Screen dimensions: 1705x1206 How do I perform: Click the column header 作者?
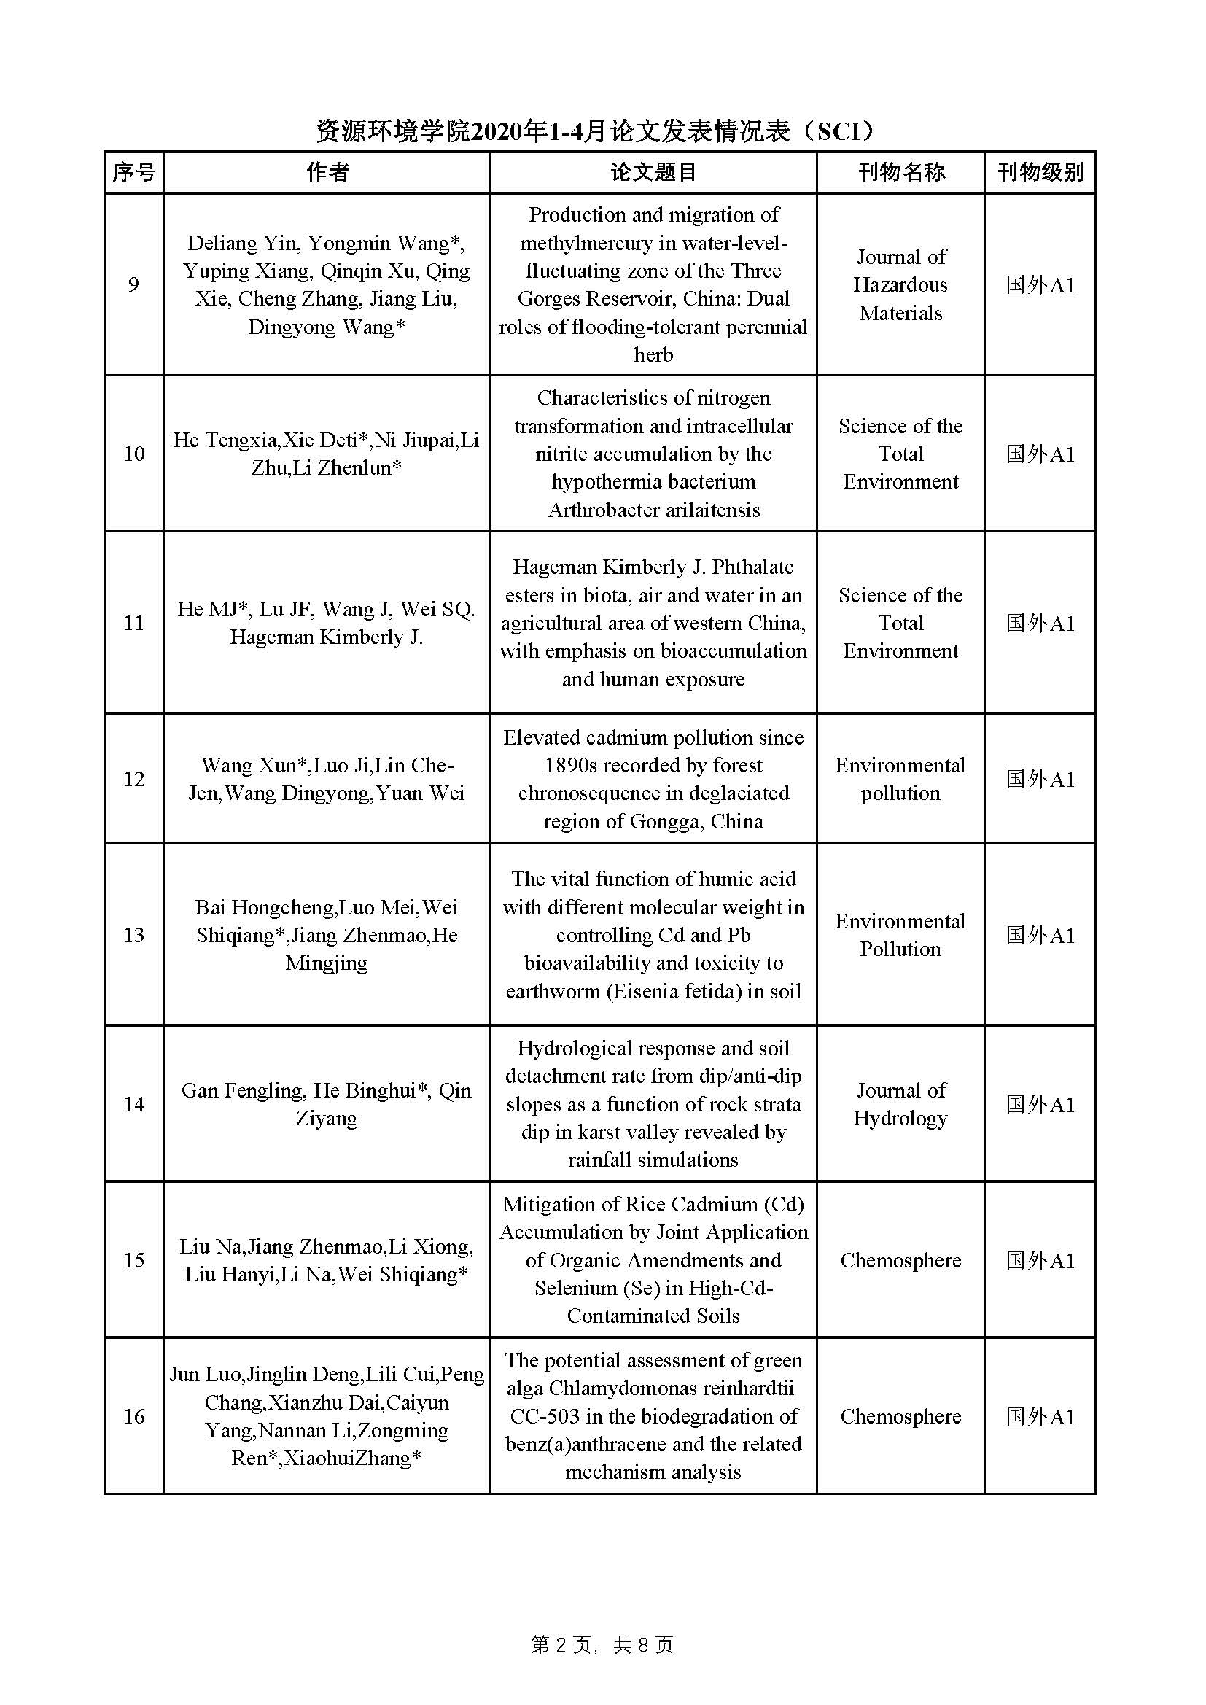[x=327, y=172]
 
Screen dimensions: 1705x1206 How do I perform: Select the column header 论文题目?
[x=653, y=172]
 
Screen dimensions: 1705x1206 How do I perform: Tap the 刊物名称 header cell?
[x=900, y=172]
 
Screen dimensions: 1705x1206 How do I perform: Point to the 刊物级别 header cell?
[x=1040, y=172]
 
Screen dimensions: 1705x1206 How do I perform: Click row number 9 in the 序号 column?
[x=133, y=284]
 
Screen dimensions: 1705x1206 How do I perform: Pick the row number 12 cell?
[x=133, y=779]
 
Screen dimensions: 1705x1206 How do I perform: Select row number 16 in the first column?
[x=133, y=1416]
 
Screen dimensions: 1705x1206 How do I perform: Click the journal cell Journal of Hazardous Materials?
[x=900, y=284]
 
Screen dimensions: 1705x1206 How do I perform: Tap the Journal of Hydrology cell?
[x=900, y=1104]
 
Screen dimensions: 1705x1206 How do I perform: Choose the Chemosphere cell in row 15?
[x=900, y=1260]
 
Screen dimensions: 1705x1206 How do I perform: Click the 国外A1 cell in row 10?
[x=1040, y=454]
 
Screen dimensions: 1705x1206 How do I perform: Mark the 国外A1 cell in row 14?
[x=1040, y=1104]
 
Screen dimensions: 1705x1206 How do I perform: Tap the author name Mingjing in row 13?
[x=327, y=963]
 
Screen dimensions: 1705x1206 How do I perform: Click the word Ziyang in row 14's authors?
[x=327, y=1119]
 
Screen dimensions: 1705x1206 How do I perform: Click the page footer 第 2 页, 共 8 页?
[x=602, y=1646]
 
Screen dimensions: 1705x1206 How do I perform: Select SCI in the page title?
[x=844, y=131]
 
